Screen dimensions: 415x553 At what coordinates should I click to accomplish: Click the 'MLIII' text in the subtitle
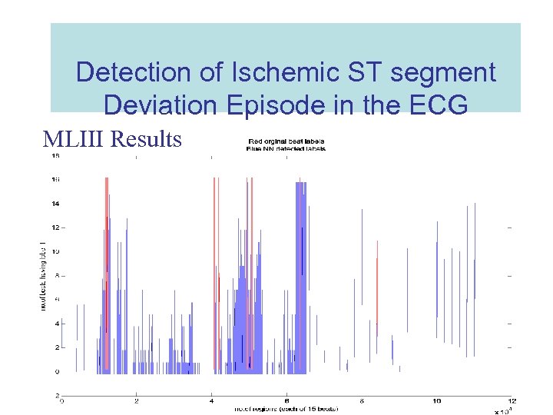point(75,139)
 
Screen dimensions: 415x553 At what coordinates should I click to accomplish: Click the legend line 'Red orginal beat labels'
point(286,141)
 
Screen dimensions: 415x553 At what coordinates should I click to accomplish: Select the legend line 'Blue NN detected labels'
point(286,148)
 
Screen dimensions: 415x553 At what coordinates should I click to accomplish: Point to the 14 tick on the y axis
point(55,204)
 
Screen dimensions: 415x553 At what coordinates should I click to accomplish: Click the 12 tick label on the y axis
point(55,227)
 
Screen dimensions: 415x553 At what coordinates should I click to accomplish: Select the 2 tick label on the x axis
point(137,401)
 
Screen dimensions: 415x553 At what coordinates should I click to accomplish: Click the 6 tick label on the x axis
point(286,401)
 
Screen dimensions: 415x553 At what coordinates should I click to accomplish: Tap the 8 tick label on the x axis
point(362,401)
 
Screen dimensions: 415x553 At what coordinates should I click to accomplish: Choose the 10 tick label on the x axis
point(436,401)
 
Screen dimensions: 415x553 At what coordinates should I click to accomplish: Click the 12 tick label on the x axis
point(511,401)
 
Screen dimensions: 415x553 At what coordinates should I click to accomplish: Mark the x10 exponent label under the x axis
point(502,411)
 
